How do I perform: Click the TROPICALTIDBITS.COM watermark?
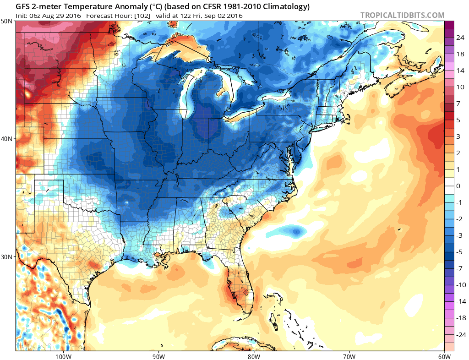pos(402,15)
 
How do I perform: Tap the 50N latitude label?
pos(7,21)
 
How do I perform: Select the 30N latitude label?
pos(7,256)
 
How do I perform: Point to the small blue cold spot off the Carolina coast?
pos(297,232)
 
